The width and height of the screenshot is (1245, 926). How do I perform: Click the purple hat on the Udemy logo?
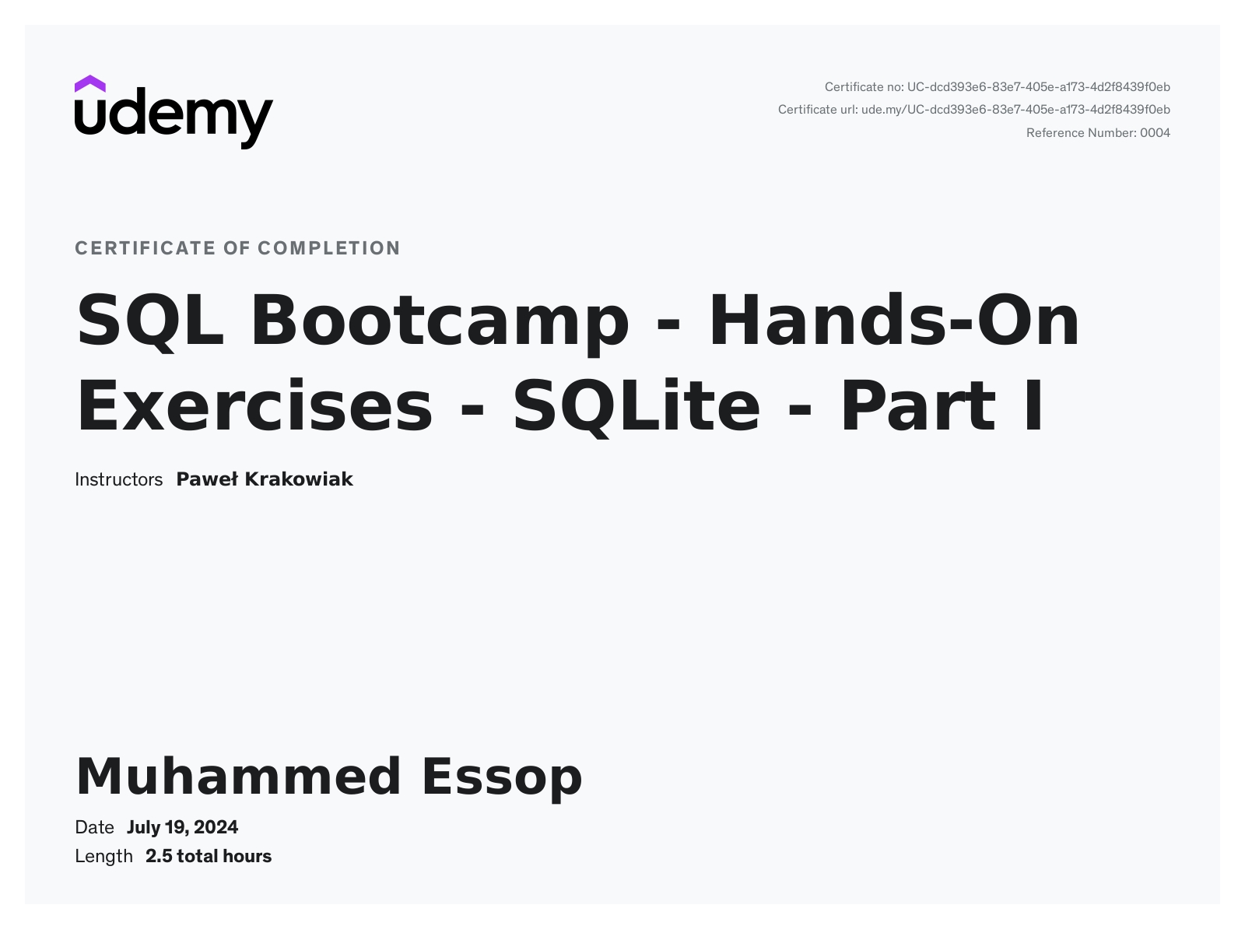(x=89, y=83)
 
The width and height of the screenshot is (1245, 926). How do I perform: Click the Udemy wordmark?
(x=174, y=118)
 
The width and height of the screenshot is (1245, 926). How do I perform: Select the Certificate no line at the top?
(x=997, y=87)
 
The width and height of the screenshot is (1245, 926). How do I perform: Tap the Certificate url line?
(x=974, y=110)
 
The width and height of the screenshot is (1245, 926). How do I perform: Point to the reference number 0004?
(x=1156, y=133)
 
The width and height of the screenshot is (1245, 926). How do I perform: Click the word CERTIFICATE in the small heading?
(x=146, y=248)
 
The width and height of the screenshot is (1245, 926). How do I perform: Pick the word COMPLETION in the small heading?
(x=329, y=248)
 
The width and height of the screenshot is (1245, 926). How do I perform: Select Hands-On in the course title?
(x=894, y=320)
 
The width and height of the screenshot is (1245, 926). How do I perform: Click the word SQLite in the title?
(x=637, y=407)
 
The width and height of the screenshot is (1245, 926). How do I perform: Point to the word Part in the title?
(x=917, y=405)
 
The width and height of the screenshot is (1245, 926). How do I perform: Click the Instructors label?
(x=119, y=479)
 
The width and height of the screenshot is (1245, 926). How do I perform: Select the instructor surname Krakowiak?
(x=299, y=479)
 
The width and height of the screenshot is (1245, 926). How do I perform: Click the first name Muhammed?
(x=239, y=777)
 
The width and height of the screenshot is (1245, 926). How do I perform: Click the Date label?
(x=94, y=827)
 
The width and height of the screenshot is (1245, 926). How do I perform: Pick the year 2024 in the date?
(x=216, y=827)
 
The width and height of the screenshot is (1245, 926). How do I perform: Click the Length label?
(x=103, y=857)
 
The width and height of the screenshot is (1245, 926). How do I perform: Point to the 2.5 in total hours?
(x=159, y=857)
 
